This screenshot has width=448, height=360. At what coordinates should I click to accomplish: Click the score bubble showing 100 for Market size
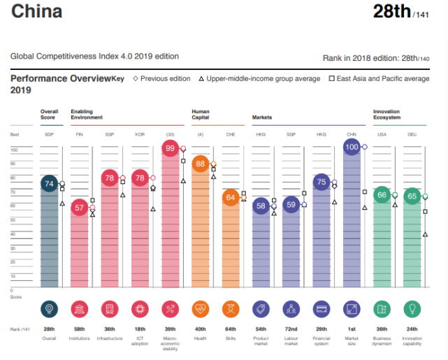click(352, 147)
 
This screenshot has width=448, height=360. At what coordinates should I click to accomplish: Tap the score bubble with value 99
click(170, 148)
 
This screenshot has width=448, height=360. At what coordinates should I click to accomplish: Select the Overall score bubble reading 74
click(49, 184)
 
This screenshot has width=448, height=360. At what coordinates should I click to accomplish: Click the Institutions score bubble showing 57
click(79, 207)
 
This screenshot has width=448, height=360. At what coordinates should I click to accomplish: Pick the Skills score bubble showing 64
click(230, 197)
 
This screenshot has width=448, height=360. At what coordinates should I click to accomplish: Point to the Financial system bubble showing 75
click(321, 182)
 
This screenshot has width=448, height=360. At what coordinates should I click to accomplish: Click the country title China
click(36, 11)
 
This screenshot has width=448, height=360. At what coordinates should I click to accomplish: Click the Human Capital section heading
click(201, 114)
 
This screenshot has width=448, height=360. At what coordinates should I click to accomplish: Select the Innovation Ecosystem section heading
click(386, 114)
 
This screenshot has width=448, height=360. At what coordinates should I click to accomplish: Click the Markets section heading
click(261, 117)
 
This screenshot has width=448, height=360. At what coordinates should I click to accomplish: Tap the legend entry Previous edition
click(161, 79)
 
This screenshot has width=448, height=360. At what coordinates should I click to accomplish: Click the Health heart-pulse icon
click(200, 308)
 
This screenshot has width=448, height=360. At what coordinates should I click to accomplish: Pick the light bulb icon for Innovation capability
click(412, 308)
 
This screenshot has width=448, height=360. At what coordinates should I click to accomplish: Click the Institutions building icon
click(79, 308)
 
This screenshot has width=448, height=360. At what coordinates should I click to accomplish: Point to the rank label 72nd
click(291, 328)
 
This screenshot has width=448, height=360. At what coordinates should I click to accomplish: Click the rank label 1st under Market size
click(352, 328)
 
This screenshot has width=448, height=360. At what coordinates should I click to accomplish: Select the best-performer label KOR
click(140, 134)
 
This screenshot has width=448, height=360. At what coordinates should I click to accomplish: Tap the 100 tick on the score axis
click(13, 150)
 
